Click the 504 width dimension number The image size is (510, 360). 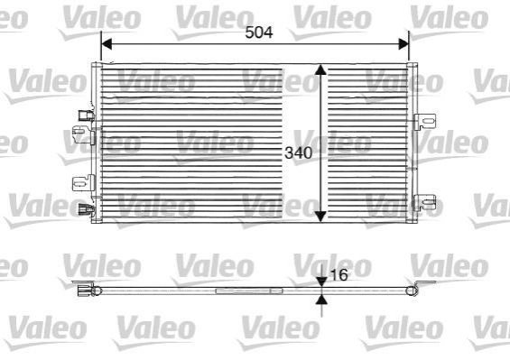(x=259, y=32)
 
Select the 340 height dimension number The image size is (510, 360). (x=298, y=152)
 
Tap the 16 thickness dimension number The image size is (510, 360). (x=338, y=275)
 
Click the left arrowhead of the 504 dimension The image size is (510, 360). (x=107, y=44)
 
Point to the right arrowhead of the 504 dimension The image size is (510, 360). (x=403, y=44)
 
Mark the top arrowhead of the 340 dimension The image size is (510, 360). (x=320, y=69)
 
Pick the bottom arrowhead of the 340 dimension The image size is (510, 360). (x=320, y=217)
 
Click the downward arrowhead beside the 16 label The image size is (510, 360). (x=321, y=282)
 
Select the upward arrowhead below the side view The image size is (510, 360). (x=321, y=300)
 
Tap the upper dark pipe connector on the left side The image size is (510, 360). (x=86, y=115)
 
